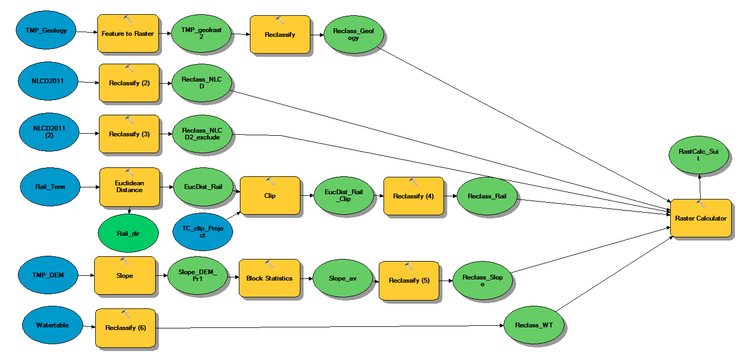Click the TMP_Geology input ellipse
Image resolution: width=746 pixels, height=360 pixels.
pos(46,30)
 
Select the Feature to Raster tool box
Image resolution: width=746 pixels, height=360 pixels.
pos(128,33)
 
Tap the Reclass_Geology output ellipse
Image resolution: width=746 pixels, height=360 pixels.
pos(354,34)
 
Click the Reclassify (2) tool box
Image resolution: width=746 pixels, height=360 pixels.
pos(129,83)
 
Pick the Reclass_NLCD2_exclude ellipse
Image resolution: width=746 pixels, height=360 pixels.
pos(202,134)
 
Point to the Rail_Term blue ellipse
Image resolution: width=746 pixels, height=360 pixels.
pos(51,187)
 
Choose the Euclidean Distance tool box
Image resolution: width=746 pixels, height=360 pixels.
pos(129,187)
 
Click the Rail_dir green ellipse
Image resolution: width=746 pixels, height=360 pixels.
pos(128,233)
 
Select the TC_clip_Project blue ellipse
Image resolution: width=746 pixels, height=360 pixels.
pos(203,232)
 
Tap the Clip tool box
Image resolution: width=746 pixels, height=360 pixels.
pos(270,195)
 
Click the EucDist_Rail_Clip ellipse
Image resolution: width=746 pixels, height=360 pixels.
pos(344,195)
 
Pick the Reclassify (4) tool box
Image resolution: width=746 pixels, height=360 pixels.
pos(414,196)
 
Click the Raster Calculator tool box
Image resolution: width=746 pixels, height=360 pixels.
pos(701,218)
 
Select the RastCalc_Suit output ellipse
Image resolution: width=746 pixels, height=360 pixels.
pos(699,155)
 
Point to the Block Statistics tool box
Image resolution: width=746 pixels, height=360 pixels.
pos(269,278)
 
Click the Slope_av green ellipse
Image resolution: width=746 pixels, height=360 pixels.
pos(342,278)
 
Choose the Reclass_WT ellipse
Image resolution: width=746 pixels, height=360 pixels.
pos(534,325)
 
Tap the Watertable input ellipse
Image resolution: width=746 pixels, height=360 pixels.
pos(53,325)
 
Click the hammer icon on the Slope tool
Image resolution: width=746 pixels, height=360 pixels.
pos(125,262)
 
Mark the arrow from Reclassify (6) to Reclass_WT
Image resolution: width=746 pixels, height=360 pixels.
pos(330,327)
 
